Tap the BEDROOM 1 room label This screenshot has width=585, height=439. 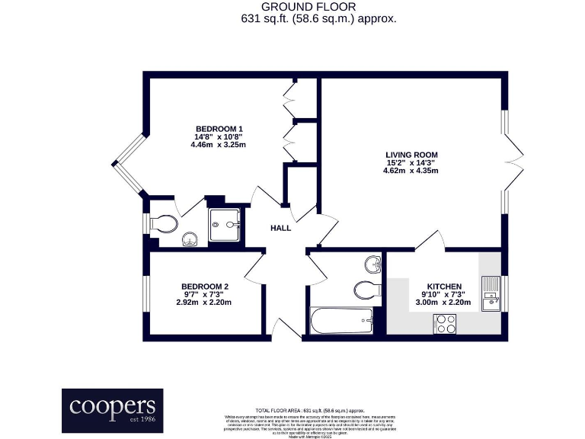pos(220,127)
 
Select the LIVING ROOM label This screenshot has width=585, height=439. pos(411,154)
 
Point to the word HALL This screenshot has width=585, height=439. pos(281,228)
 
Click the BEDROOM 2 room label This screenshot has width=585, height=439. pos(203,287)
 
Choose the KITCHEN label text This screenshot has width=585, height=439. pos(443,286)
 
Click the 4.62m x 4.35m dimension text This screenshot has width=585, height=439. pos(411,171)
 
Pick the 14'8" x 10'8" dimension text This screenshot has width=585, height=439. pos(220,136)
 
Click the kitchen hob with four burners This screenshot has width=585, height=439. pos(445,323)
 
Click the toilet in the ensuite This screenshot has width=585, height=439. pos(164,223)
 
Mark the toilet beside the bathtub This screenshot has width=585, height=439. pos(367,290)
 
